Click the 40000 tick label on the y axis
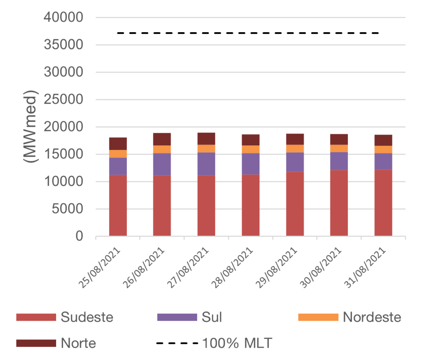(x=64, y=17)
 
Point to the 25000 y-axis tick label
(x=64, y=99)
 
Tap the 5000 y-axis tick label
(x=68, y=209)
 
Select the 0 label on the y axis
(x=79, y=237)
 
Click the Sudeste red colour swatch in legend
(x=36, y=317)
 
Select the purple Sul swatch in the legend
(x=177, y=317)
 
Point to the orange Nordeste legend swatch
(x=318, y=317)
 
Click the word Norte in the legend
(x=78, y=343)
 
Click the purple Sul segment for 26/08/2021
(x=162, y=164)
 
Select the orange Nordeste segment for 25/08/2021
(x=118, y=154)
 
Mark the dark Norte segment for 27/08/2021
(x=206, y=138)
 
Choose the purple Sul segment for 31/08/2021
(x=383, y=161)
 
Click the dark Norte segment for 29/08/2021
(x=295, y=139)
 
